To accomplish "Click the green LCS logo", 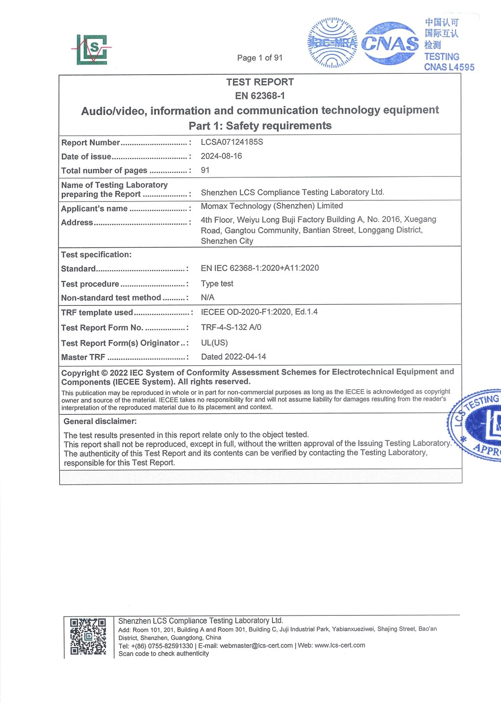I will [92, 49].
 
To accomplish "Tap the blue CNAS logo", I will [390, 43].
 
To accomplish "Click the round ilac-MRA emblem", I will [332, 43].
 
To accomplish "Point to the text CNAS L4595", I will [449, 67].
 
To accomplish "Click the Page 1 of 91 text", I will [260, 58].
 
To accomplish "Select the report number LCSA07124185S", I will [232, 142].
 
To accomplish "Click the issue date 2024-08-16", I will [221, 156].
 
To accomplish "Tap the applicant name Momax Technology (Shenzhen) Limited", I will [272, 206].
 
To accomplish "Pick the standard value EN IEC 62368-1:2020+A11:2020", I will [260, 268].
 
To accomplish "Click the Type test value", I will [217, 284].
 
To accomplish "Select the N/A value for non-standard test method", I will [207, 297].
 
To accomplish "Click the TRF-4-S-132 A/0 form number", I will [231, 327].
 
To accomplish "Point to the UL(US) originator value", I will [214, 343].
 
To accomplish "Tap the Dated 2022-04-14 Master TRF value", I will [233, 357].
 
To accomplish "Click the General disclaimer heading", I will [100, 421].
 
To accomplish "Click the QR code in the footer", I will [88, 636].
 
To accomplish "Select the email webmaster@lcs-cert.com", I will [256, 645].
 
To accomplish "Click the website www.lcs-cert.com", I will [339, 645].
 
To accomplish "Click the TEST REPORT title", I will [260, 82].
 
